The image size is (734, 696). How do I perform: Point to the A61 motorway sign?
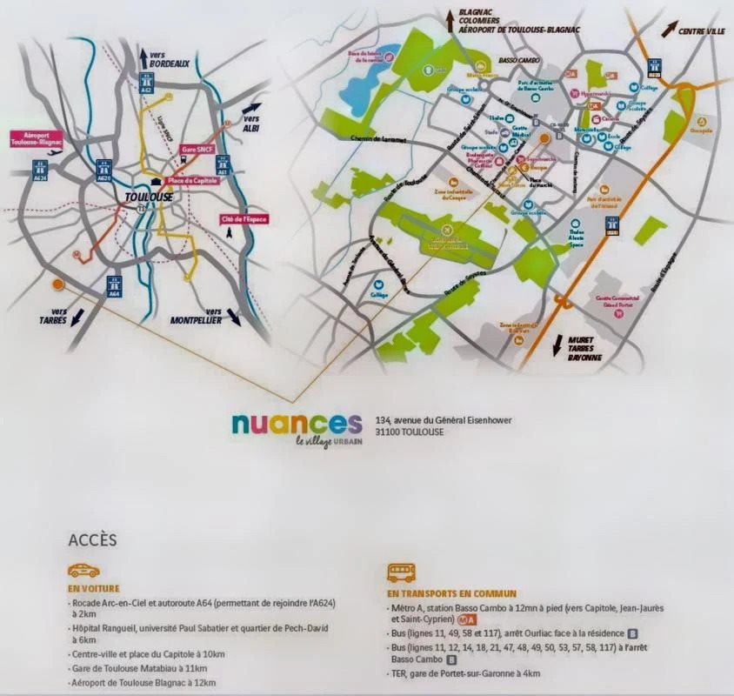(223, 164)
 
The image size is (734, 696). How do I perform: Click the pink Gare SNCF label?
(195, 151)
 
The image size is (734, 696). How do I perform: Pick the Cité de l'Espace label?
(244, 218)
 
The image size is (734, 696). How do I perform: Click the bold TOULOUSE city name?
(150, 197)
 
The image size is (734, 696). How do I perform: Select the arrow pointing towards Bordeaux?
(143, 57)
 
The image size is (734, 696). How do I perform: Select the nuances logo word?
(297, 423)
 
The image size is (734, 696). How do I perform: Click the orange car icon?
(83, 570)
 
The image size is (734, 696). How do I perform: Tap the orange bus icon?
(401, 572)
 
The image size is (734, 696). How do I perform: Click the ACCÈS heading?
(92, 539)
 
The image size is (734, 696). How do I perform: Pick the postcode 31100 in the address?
(389, 432)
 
